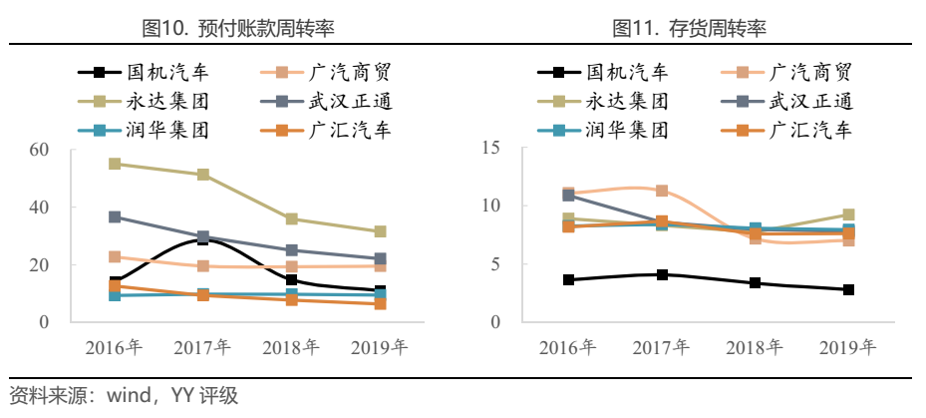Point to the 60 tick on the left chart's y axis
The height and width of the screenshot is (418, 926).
(x=40, y=150)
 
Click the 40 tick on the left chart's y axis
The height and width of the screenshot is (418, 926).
(x=40, y=208)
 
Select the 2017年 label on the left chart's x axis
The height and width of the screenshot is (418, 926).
(x=202, y=348)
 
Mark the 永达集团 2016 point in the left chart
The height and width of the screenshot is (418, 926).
(x=115, y=164)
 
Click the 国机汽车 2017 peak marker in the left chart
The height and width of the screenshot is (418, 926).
(x=203, y=239)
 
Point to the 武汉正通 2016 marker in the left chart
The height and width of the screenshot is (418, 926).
(x=115, y=216)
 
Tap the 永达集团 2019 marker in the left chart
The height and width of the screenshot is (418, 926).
(x=380, y=231)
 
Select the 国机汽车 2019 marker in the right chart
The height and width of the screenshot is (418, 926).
(x=848, y=289)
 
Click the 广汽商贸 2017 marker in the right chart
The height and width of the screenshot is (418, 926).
(x=662, y=191)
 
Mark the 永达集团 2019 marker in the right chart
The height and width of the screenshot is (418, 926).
(x=848, y=214)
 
